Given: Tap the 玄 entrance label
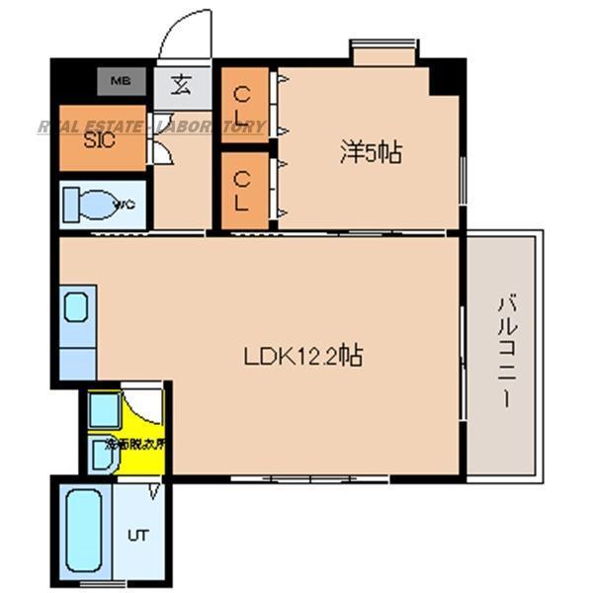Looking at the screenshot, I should tap(182, 83).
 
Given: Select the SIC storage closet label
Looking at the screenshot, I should tap(99, 139).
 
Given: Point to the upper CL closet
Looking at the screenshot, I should tap(243, 106).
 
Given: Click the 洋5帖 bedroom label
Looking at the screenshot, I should tap(371, 153).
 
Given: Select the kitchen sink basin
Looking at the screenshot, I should tap(77, 307).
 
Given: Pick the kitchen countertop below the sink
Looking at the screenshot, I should tap(77, 355).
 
